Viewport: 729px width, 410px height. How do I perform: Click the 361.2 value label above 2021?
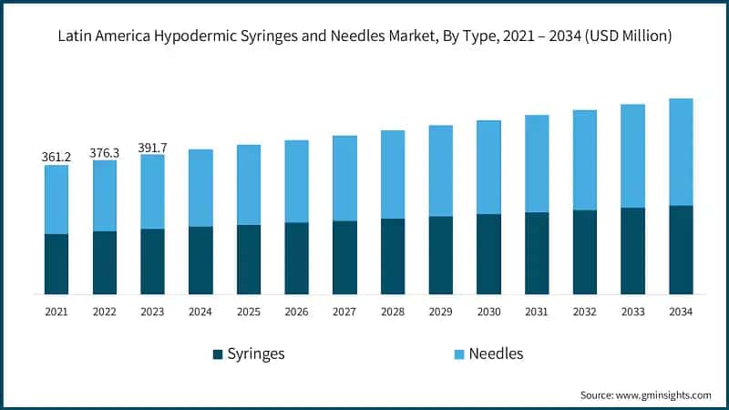tap(56, 157)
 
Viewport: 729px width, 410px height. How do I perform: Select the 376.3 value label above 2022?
tap(104, 152)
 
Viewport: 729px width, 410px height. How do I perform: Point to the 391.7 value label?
tap(152, 147)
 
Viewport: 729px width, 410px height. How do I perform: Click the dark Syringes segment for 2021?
tap(56, 264)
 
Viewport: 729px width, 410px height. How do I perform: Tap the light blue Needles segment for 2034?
tap(681, 152)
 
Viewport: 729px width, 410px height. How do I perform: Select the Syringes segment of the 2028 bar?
tap(393, 256)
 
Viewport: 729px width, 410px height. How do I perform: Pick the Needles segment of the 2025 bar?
tap(249, 185)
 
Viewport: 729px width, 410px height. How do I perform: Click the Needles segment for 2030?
tap(488, 168)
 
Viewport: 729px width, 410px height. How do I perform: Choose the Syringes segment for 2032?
tap(585, 252)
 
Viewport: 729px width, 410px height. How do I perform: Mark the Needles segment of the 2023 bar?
tap(152, 191)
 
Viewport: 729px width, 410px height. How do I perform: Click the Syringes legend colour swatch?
tap(218, 354)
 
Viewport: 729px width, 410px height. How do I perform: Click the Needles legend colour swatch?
tap(460, 354)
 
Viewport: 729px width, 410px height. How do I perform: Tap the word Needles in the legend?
tap(496, 354)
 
